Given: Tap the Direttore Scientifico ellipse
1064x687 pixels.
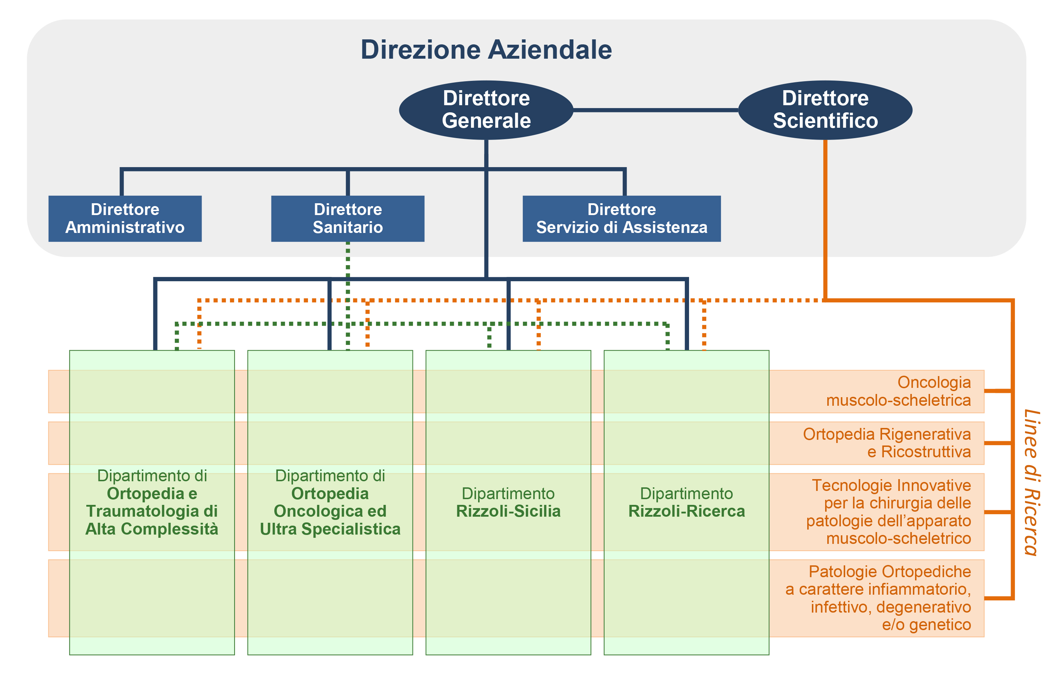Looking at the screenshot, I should (x=825, y=110).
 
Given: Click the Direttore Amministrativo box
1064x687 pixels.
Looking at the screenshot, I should (x=125, y=219).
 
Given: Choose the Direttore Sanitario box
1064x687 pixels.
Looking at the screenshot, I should (x=347, y=219).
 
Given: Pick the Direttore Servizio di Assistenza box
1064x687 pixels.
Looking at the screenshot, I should (x=621, y=219).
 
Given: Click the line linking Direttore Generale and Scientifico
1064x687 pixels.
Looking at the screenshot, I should (x=655, y=110).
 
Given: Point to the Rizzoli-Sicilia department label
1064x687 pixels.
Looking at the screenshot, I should (x=508, y=502).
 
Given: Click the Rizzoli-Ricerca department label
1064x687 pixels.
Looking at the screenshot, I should (x=686, y=502).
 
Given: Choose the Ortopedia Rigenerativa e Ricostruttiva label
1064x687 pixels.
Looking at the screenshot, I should (x=887, y=443).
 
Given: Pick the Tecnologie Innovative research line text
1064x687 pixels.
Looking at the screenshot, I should (x=889, y=512).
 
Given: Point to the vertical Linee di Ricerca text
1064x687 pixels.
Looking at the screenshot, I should (x=1031, y=483).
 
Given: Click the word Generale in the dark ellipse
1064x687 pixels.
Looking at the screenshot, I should (x=486, y=121).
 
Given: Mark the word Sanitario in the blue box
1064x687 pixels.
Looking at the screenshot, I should (x=347, y=228).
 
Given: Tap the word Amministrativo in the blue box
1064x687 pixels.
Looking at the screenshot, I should (x=125, y=228).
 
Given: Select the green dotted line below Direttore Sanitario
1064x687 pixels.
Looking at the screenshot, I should (x=348, y=268).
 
